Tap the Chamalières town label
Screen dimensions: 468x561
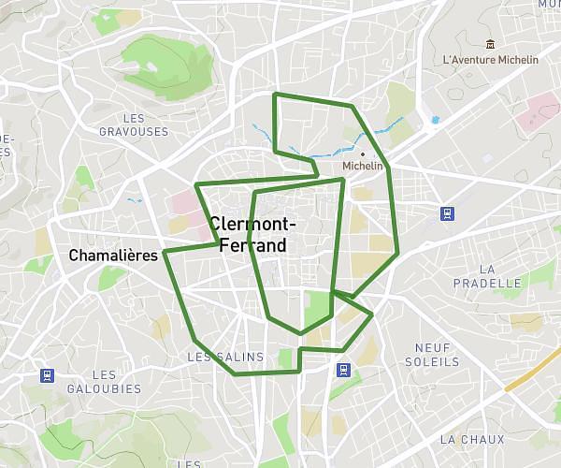coord(112,256)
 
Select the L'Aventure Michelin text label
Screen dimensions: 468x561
coord(491,60)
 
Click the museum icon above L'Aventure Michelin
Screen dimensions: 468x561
coord(490,43)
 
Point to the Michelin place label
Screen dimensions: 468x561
coord(364,166)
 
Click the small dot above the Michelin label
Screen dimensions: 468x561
coord(363,154)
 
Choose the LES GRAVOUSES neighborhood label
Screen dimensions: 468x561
coord(134,124)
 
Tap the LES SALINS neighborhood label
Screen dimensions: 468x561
coord(226,357)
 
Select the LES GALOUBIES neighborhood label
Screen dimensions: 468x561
coord(105,382)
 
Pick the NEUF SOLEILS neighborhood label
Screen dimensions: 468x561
coord(431,354)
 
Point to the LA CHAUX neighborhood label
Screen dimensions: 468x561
coord(471,439)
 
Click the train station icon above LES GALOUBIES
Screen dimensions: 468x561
coord(47,375)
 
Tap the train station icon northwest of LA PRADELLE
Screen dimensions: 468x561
coord(448,213)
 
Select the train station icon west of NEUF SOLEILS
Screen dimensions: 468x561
coord(343,369)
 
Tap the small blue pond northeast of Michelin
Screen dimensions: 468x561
coord(435,120)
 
